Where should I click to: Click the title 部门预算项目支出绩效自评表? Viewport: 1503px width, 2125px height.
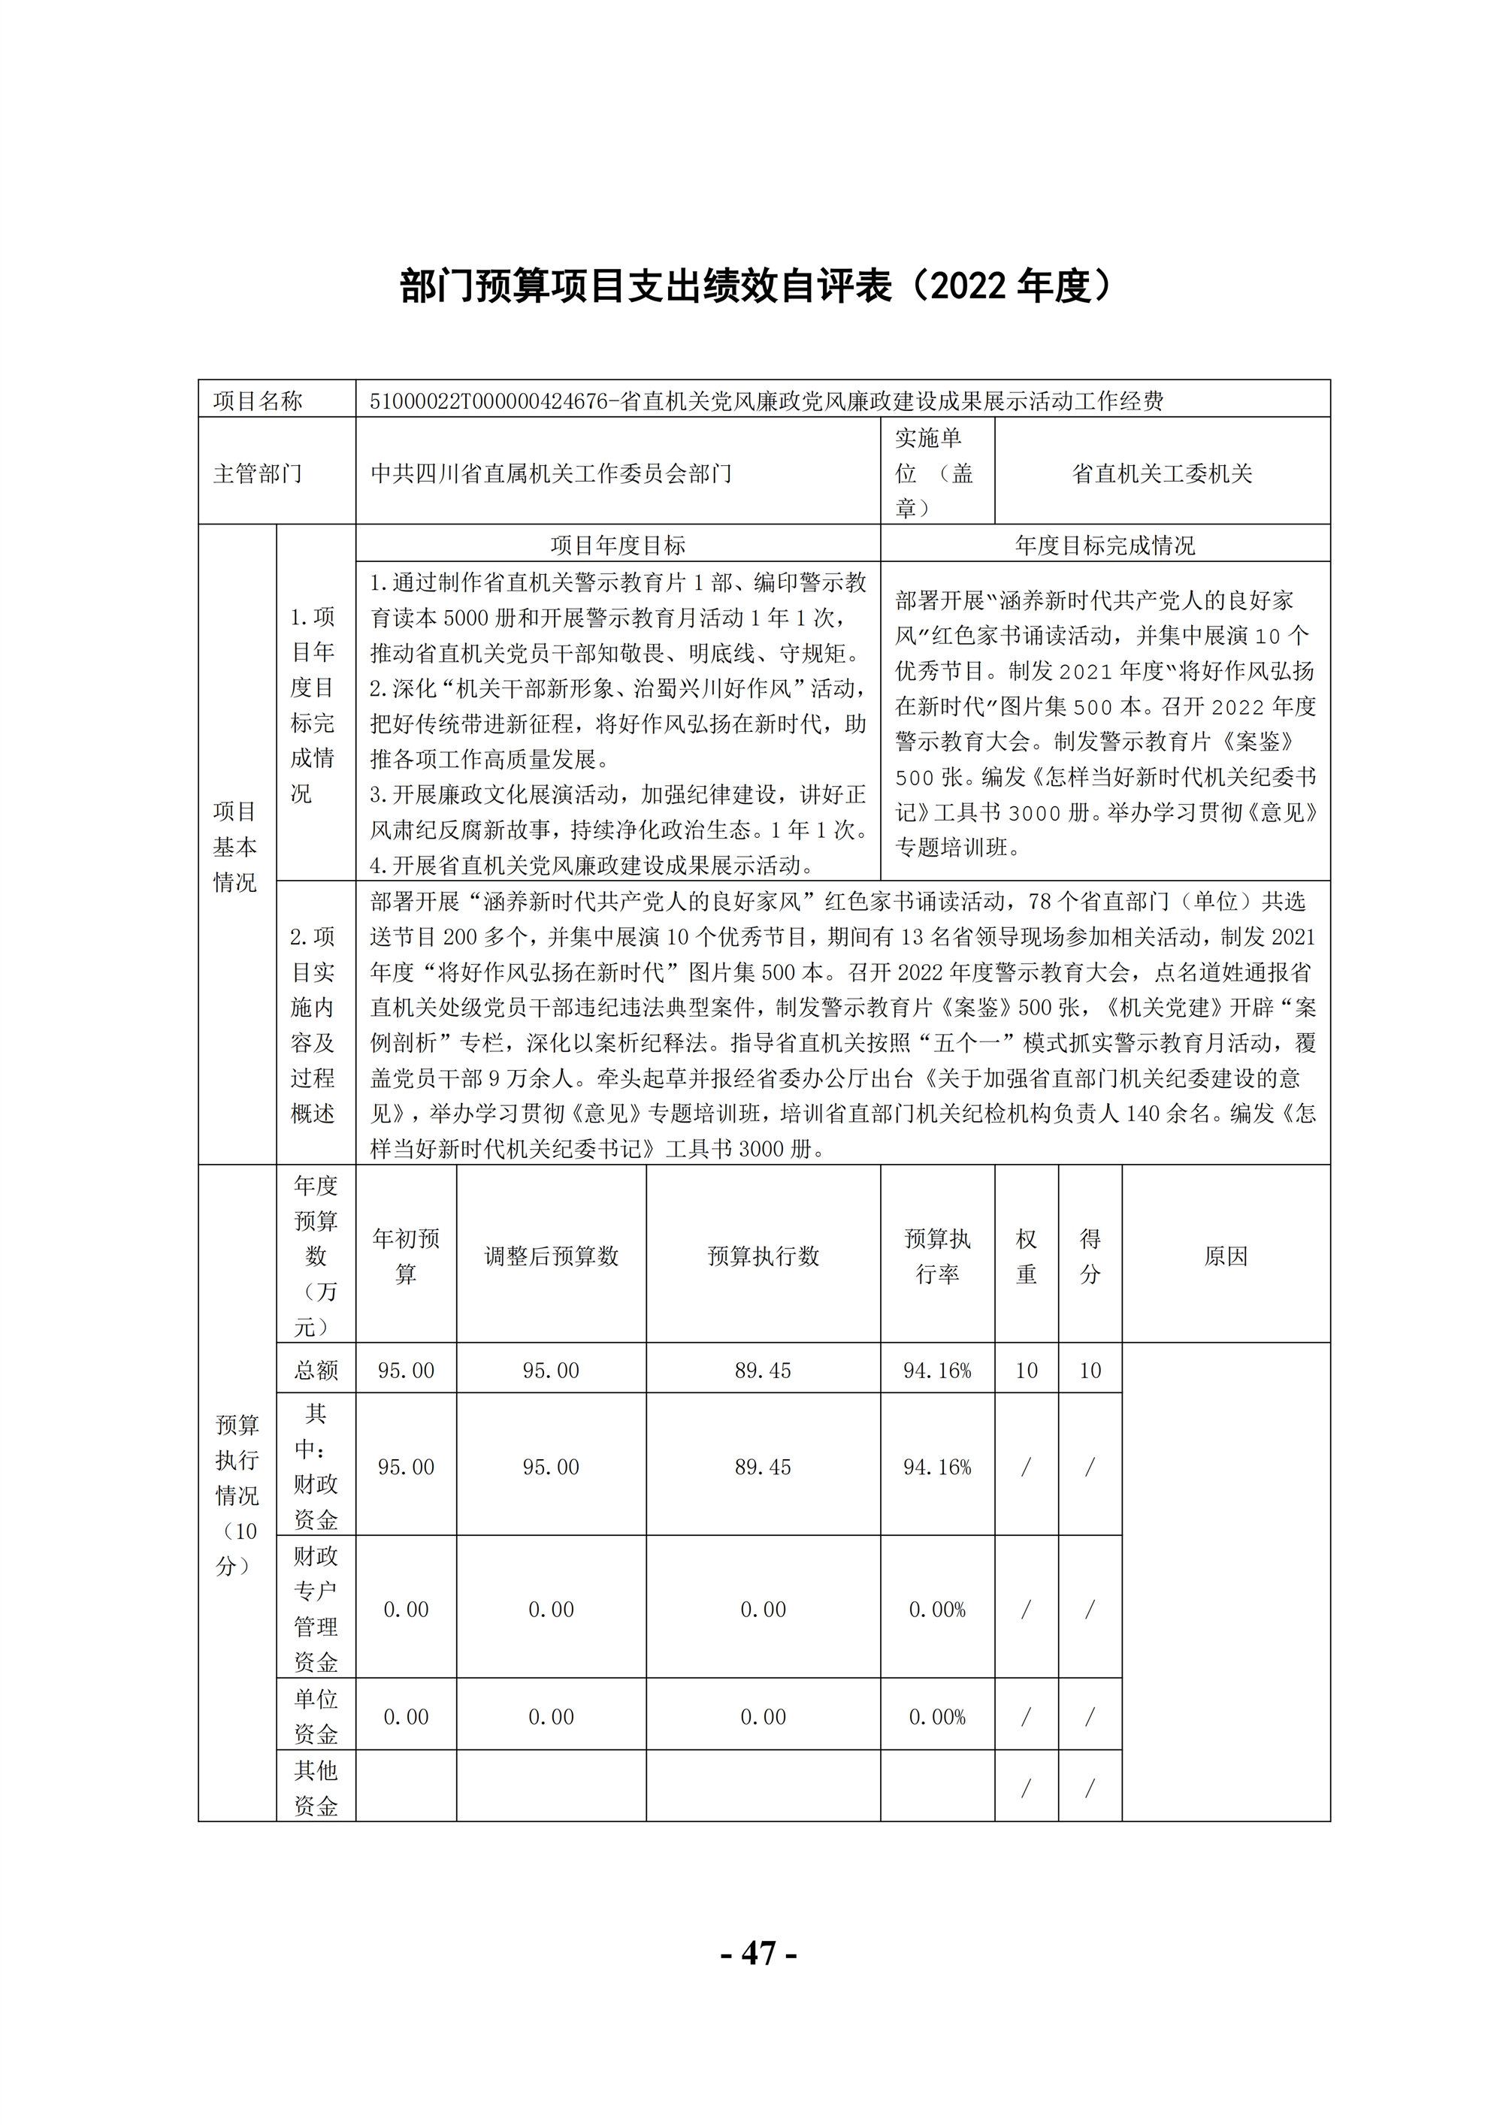click(648, 287)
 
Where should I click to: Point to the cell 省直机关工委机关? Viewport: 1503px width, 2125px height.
click(1162, 474)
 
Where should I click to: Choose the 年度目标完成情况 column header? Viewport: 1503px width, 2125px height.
click(1104, 545)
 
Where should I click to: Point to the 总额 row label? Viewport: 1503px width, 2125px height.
click(316, 1371)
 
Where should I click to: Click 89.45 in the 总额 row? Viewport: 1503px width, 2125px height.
click(763, 1371)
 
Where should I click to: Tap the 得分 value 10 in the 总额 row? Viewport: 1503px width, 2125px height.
click(1090, 1371)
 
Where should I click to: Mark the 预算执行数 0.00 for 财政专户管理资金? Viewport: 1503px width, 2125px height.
click(763, 1610)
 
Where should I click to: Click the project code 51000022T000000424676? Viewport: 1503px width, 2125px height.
click(488, 401)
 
